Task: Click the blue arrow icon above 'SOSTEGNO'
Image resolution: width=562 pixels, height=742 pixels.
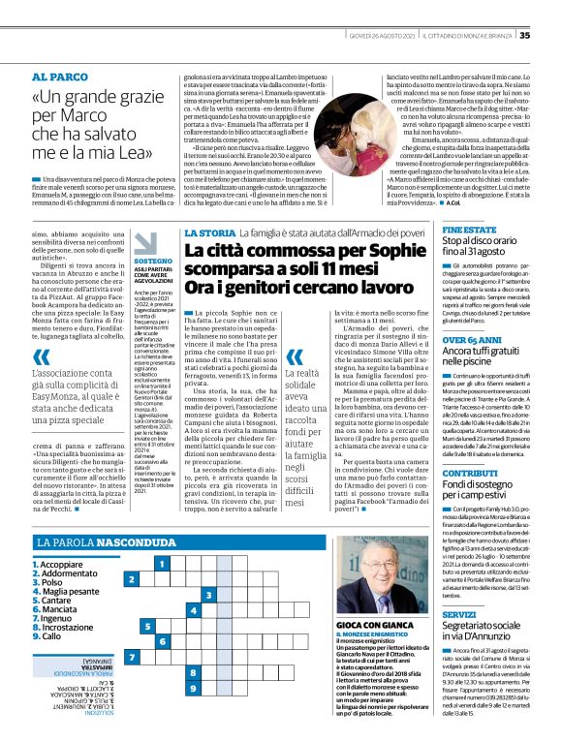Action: point(144,244)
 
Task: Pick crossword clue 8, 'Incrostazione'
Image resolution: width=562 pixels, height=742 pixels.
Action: point(62,628)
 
